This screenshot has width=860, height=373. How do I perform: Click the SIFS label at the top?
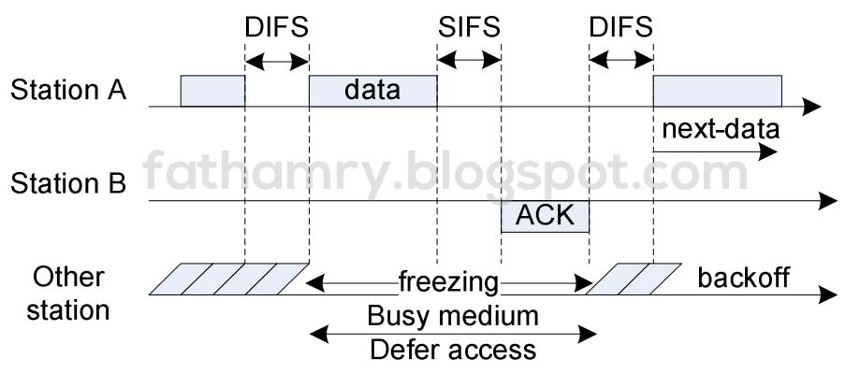469,26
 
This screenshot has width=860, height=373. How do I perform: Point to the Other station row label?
67,293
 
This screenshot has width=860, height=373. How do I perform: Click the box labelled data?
372,91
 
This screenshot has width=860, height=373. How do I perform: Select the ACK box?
545,216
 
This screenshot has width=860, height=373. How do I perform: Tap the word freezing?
448,280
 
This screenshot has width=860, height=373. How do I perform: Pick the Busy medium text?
453,315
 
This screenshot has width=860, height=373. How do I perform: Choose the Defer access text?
453,350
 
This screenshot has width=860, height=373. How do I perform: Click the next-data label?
715,129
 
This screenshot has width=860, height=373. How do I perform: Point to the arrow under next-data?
715,151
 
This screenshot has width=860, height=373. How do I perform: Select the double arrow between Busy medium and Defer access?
453,332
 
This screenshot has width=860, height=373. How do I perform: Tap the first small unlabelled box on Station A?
212,91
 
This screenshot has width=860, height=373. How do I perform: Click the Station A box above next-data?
717,91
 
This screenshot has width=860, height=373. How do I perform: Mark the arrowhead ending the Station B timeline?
827,201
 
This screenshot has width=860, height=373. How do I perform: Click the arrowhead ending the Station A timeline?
812,108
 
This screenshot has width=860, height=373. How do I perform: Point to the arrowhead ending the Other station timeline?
827,295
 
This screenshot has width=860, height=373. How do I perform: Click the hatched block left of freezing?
229,279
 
